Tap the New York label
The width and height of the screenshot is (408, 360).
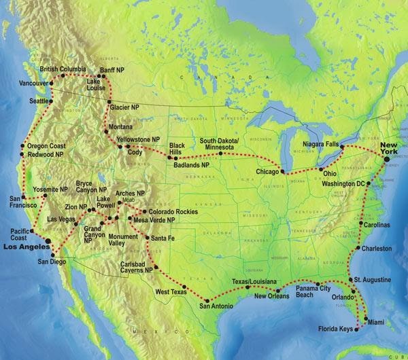392,149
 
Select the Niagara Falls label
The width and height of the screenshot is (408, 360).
322,143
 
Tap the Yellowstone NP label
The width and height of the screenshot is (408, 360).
138,139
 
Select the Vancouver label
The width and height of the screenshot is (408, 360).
18,83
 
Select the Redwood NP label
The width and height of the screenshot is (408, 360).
46,155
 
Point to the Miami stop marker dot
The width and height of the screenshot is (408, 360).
367,319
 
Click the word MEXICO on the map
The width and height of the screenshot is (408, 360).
146,330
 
